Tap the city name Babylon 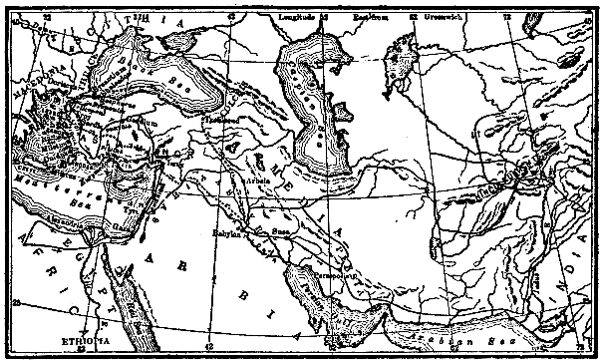tap(227, 233)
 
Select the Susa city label tap(282, 229)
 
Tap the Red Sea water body tap(135, 299)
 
